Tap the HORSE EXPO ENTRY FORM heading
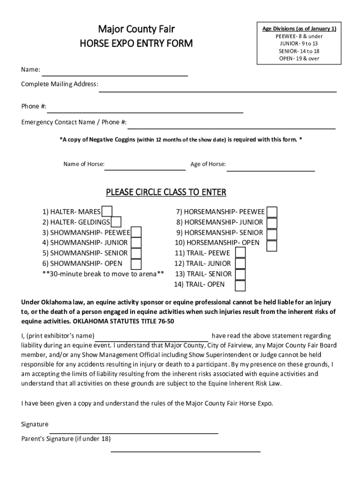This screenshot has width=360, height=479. [136, 44]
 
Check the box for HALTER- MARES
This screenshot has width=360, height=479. [107, 212]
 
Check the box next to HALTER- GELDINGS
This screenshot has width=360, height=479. [116, 222]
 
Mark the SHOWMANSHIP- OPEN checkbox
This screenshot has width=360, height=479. [136, 263]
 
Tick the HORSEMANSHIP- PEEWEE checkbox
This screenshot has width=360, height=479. [272, 212]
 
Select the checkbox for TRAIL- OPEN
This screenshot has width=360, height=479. [240, 285]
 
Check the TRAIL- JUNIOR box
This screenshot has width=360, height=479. [240, 264]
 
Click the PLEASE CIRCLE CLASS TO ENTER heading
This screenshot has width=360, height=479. [166, 192]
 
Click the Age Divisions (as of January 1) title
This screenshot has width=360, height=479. [299, 29]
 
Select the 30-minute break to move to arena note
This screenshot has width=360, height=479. [103, 274]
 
